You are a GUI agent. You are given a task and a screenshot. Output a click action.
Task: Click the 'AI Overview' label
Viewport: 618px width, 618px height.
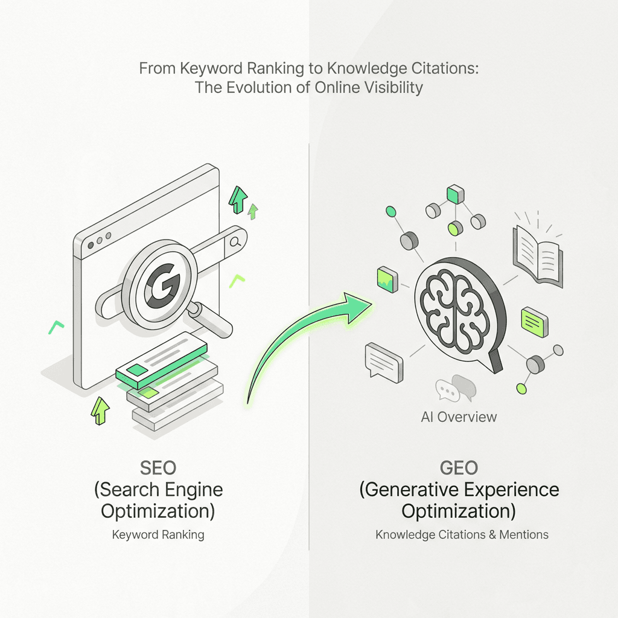[459, 416]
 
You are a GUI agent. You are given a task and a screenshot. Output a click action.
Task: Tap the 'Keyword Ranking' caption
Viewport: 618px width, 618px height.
[158, 535]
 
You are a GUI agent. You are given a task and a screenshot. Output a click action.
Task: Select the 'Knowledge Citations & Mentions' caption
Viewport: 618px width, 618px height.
[462, 535]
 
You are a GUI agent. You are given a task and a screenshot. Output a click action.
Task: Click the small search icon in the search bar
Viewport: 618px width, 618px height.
[235, 242]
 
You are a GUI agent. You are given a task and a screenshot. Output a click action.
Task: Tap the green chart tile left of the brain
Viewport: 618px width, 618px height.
[386, 278]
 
